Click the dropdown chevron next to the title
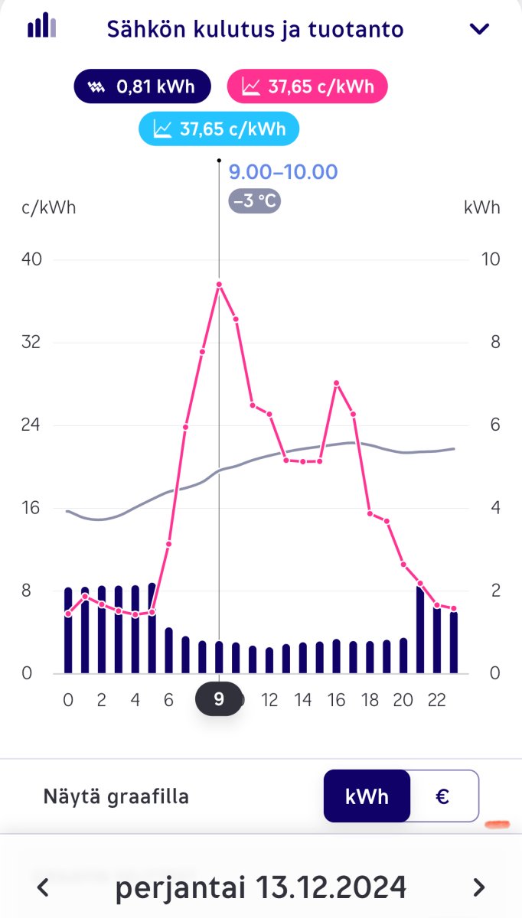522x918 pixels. [x=479, y=29]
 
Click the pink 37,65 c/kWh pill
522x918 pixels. [x=308, y=86]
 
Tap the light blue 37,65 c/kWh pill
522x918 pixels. [x=219, y=129]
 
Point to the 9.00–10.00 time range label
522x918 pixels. [x=283, y=171]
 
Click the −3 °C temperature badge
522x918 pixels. [x=255, y=202]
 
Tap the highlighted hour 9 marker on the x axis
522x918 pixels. [x=219, y=700]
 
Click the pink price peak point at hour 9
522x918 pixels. [x=219, y=285]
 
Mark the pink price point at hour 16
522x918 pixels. [x=336, y=382]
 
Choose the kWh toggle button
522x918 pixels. [x=367, y=796]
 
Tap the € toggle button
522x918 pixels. [x=442, y=796]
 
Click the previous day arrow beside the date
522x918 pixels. [x=44, y=887]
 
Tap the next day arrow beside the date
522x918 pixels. [x=478, y=887]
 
